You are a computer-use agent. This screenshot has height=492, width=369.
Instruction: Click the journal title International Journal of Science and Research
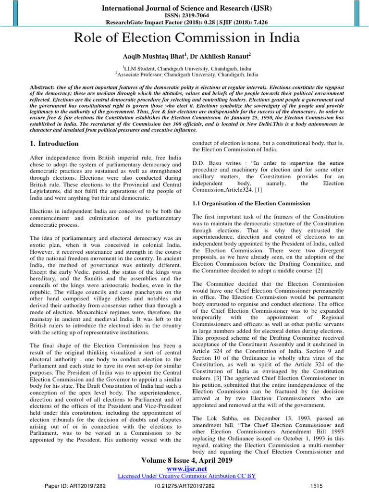coord(184,8)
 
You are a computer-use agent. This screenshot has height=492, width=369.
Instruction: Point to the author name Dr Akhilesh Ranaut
coord(225,57)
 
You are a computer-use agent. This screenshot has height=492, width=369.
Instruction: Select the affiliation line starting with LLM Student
coord(184,69)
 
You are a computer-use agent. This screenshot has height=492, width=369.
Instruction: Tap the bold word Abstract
coord(42,86)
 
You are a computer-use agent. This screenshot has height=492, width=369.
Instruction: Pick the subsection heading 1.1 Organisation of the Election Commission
coord(251,203)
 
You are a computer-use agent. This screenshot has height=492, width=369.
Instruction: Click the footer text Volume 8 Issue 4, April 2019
coord(187,460)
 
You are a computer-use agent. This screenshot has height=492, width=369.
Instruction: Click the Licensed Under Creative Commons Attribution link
coord(187,476)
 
